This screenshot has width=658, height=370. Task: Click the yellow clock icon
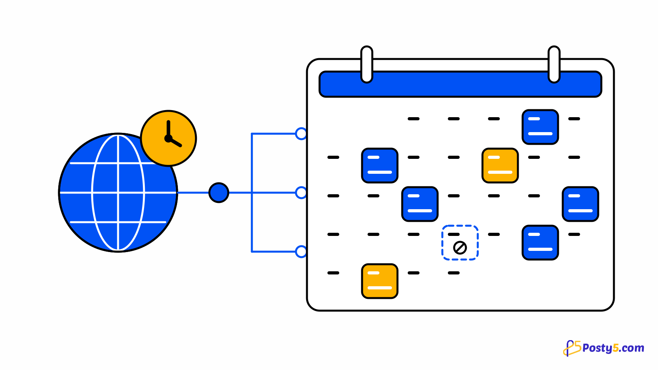(168, 138)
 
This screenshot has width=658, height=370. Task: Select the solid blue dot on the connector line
(219, 193)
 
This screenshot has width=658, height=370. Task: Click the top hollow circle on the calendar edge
(301, 134)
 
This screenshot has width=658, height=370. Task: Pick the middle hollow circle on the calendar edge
(301, 193)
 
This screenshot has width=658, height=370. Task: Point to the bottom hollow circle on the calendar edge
(301, 252)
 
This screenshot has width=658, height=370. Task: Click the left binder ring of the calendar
(367, 64)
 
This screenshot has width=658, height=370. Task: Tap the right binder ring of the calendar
(554, 64)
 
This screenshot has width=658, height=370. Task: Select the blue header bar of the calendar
(460, 84)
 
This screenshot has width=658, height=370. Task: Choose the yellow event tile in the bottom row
(380, 281)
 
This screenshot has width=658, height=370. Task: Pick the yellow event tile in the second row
(500, 166)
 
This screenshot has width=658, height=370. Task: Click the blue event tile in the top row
(540, 127)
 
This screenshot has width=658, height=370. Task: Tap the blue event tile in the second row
(380, 166)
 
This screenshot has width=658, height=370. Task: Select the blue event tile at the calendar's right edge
(580, 204)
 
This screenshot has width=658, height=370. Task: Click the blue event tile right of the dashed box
(540, 243)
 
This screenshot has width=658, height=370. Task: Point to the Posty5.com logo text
(614, 348)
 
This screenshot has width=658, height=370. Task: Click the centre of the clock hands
(168, 138)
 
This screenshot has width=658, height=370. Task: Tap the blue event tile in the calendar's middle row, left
(420, 204)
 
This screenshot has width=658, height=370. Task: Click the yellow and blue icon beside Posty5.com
(572, 348)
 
